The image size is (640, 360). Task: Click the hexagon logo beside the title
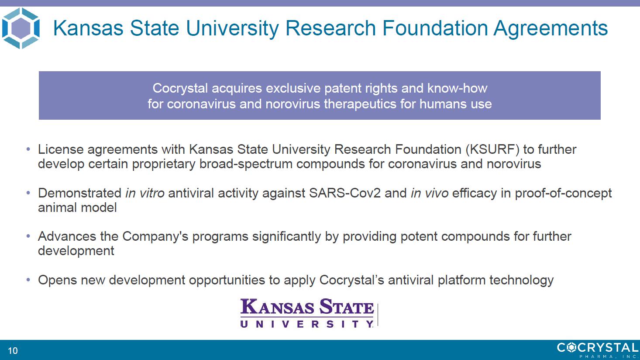click(x=21, y=28)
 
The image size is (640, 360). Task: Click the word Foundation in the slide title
click(x=435, y=28)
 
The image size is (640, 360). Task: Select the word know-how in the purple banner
click(x=457, y=88)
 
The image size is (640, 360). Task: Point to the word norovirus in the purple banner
click(x=292, y=104)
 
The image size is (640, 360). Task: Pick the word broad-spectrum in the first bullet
click(x=246, y=164)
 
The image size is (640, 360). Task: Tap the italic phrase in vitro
click(x=145, y=193)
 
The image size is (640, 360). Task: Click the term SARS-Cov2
click(x=345, y=193)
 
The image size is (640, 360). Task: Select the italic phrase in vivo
click(x=430, y=193)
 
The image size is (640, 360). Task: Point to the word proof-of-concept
click(x=563, y=194)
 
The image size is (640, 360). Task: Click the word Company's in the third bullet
click(x=155, y=237)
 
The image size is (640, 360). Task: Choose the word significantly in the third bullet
click(x=286, y=237)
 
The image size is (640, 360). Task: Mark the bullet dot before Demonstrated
click(x=28, y=193)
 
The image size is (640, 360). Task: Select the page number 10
click(x=13, y=351)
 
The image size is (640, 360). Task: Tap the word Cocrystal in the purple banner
click(x=180, y=88)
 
